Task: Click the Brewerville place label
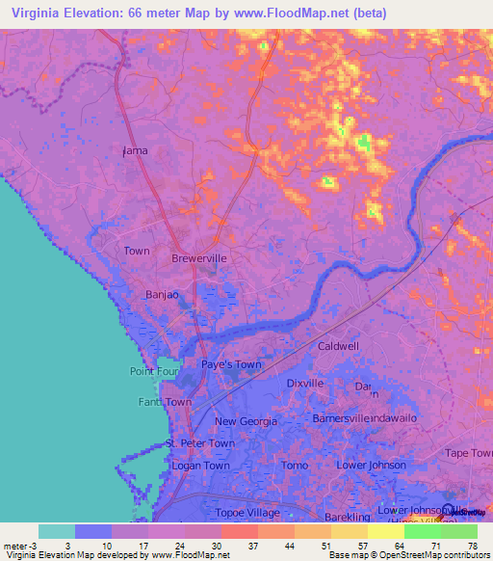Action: point(198,259)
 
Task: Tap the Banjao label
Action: point(162,295)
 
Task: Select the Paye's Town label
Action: point(231,364)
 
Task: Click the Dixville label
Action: point(305,384)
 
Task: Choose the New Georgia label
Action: point(246,421)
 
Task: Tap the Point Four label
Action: point(153,372)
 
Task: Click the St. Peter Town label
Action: point(200,443)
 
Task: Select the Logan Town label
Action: point(200,466)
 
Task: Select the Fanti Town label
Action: point(165,402)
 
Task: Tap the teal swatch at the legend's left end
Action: point(57,531)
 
